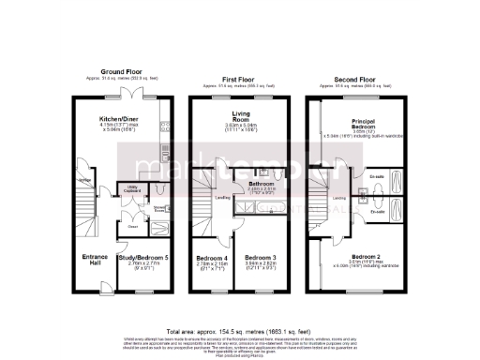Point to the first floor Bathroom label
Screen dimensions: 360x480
click(247, 185)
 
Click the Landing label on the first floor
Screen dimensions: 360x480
click(222, 198)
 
